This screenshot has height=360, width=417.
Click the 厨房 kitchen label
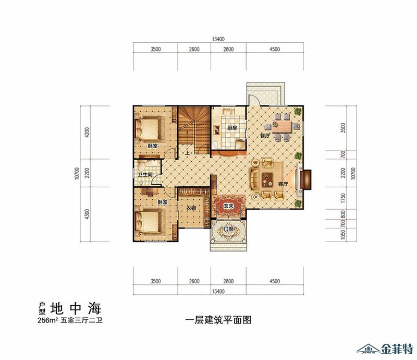[x=232, y=128]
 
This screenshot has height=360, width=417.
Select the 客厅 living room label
[x=283, y=184]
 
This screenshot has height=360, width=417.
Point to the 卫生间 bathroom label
[x=145, y=175]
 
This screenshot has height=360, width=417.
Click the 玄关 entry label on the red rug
[x=228, y=206]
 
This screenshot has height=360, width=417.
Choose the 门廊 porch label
[x=228, y=229]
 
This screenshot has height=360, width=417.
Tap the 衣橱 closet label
[x=191, y=208]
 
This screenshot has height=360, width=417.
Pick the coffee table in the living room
[x=267, y=178]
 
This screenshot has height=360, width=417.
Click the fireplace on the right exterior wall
[x=305, y=180]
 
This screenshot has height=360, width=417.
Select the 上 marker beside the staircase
[x=188, y=153]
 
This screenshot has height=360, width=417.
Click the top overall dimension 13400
[x=218, y=39]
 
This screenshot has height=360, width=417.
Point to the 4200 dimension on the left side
[x=87, y=133]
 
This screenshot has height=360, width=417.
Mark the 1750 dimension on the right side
[x=343, y=198]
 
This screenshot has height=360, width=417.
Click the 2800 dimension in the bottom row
[x=228, y=281]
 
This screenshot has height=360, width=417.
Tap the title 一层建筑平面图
[x=218, y=319]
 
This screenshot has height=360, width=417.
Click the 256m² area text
[x=48, y=320]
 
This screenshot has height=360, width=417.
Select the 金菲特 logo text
[x=397, y=349]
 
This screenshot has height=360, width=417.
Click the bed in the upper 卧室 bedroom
[x=148, y=128]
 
